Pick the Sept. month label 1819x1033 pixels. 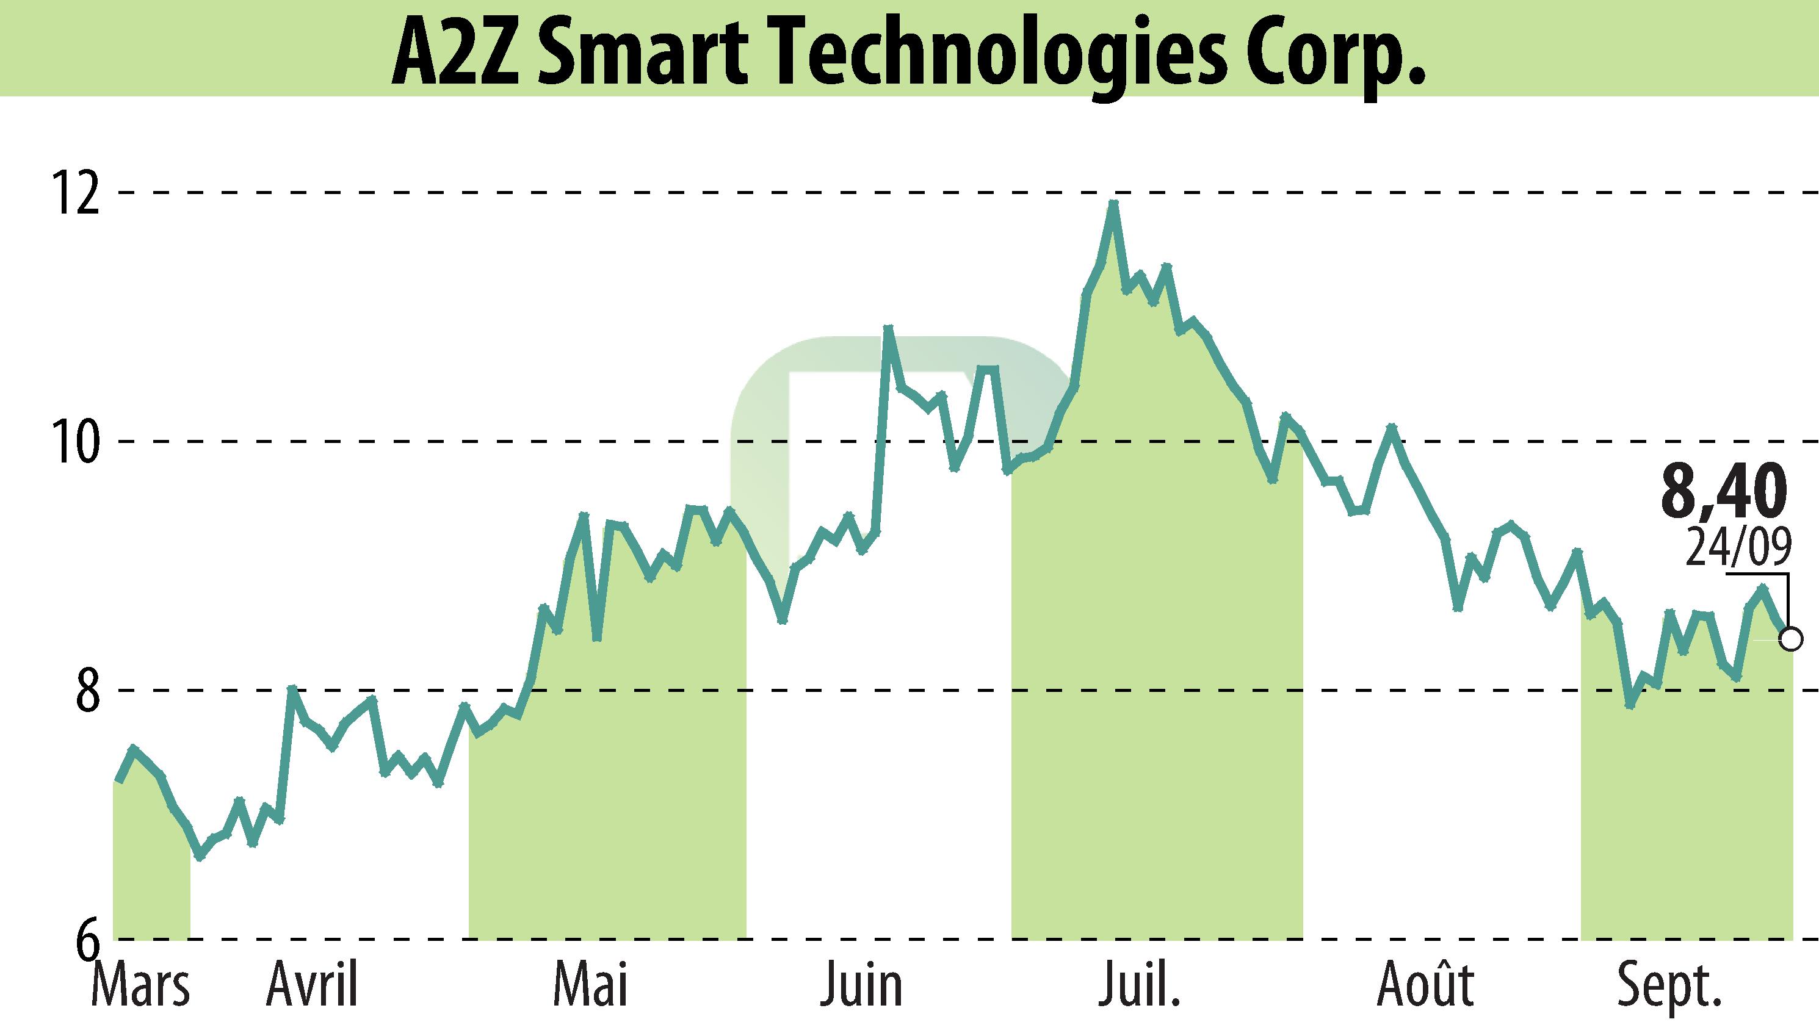[x=1669, y=986]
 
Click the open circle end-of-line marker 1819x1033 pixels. [x=1792, y=639]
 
